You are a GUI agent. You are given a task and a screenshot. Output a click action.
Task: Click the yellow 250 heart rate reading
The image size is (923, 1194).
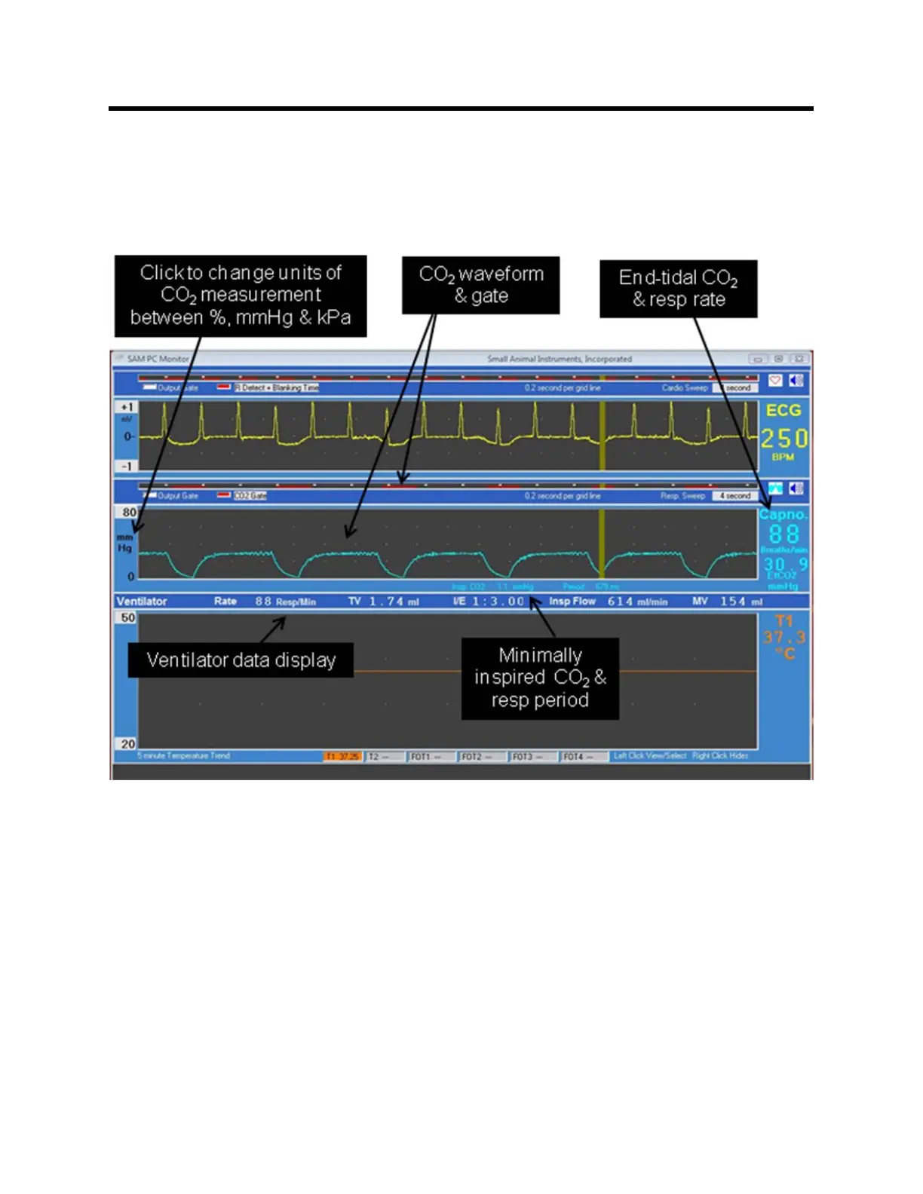pos(783,439)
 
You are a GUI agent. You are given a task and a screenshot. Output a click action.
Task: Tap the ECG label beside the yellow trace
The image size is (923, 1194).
pos(783,411)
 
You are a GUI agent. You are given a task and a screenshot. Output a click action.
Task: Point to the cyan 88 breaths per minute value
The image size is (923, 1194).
pos(783,534)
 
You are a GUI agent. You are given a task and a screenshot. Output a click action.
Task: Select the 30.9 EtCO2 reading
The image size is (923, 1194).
pos(785,564)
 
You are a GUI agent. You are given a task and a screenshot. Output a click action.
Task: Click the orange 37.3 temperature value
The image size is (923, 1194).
pos(784,638)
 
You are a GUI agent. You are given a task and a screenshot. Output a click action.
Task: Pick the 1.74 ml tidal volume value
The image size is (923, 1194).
pos(387,602)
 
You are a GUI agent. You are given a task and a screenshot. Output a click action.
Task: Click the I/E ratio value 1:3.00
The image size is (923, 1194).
pos(498,602)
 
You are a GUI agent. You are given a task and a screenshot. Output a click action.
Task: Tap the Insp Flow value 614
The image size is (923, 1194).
pos(621,602)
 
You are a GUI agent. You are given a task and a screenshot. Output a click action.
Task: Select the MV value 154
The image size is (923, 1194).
pos(732,602)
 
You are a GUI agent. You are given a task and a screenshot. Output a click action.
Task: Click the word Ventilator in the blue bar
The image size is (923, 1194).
pos(142,602)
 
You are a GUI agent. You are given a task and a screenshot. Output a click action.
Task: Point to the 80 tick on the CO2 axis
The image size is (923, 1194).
pos(129,513)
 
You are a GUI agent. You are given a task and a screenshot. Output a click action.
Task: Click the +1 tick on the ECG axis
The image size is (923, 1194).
pos(127,407)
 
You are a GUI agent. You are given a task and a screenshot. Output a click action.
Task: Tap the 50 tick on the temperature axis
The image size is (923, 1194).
pos(128,618)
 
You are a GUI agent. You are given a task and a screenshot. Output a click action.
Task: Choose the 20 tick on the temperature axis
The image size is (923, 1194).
pos(128,744)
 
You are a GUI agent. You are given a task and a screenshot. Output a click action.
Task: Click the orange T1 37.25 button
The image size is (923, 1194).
pos(343,757)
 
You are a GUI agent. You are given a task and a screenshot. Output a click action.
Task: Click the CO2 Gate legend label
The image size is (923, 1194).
pos(250,496)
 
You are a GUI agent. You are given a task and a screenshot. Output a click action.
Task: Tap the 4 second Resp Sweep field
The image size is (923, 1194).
pos(734,496)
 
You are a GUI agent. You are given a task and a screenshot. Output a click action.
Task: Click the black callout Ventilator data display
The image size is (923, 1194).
pos(241,660)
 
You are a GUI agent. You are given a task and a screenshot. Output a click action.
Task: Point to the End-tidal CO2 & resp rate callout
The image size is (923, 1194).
pos(678,289)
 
